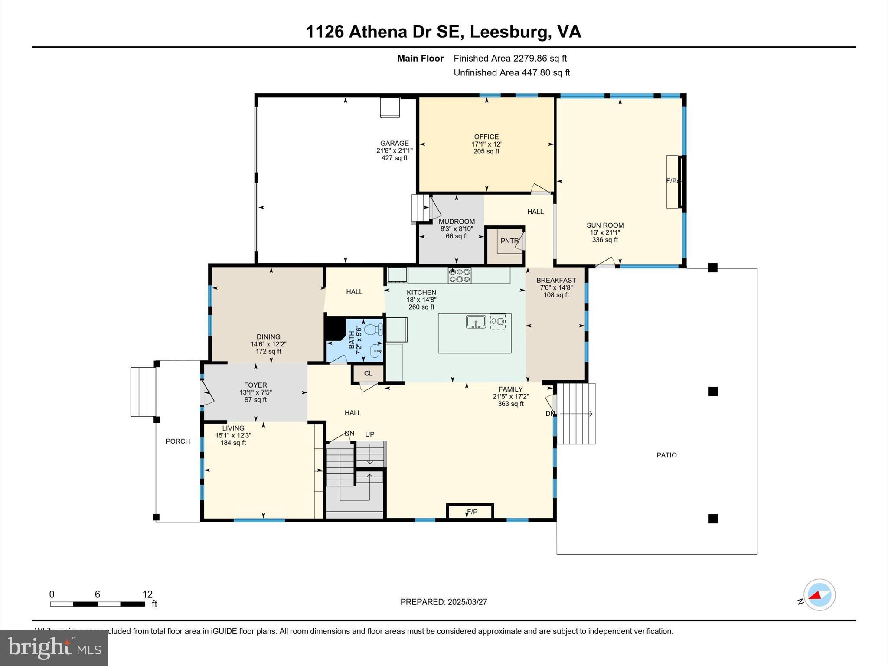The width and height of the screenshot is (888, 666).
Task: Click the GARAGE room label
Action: coord(394,143)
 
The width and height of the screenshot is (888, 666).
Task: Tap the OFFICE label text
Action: coord(486,137)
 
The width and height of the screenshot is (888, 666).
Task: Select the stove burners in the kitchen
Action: coord(460,275)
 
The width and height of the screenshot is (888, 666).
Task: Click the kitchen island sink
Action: coord(476,322)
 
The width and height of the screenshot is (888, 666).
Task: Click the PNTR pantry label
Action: coord(509,241)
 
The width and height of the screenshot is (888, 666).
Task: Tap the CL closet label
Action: coord(368,373)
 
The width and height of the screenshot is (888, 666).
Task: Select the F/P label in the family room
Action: coord(472,512)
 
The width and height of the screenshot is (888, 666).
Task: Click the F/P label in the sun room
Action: coord(671,181)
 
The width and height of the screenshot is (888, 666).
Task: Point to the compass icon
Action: coord(819,594)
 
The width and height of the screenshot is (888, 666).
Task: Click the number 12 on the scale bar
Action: coord(147,594)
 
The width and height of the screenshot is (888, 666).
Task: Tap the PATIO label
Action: coord(666,455)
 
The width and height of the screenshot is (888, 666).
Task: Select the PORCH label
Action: coord(178,441)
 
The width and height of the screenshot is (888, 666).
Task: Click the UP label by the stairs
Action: coord(369,434)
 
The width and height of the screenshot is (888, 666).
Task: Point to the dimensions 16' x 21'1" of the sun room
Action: coord(604,232)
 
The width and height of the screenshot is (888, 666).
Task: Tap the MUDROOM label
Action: coord(457,222)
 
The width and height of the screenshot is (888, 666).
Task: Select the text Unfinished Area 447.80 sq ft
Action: coord(512,72)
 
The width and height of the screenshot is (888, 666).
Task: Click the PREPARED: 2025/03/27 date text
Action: coord(444,602)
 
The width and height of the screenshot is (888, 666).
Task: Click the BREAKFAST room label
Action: coord(556,280)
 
